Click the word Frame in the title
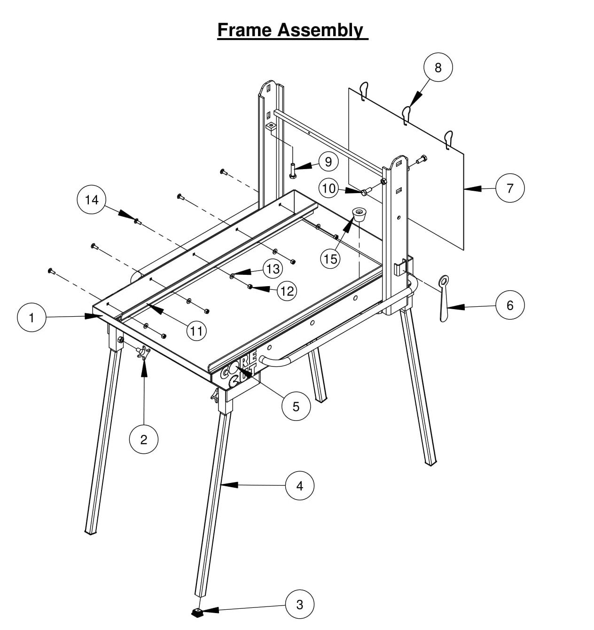(x=244, y=30)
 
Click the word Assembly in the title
(x=320, y=30)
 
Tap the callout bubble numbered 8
(x=438, y=68)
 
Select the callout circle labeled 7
(x=510, y=188)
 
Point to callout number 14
(x=92, y=200)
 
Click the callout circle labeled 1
(x=31, y=318)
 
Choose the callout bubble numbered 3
(x=300, y=604)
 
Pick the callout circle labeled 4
(x=300, y=485)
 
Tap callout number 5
(x=296, y=406)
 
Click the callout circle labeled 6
(x=510, y=305)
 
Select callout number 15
(x=330, y=258)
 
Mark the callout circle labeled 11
(x=196, y=331)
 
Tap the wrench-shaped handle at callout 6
(x=443, y=298)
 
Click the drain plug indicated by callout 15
(x=359, y=215)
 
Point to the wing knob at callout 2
(x=142, y=352)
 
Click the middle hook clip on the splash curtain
(x=406, y=114)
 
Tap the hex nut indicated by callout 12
(x=251, y=287)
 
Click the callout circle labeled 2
(x=143, y=439)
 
